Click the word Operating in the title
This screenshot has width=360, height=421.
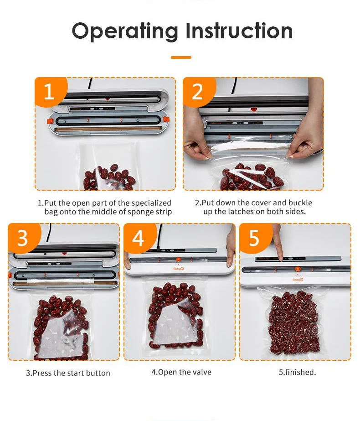125,31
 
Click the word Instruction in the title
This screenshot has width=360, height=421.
239,31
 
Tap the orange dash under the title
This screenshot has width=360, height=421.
181,57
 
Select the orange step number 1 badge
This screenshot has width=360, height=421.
50,91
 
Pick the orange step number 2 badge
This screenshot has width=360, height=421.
199,91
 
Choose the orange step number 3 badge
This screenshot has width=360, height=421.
24,238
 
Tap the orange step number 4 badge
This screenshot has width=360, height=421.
139,238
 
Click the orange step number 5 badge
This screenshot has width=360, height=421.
255,238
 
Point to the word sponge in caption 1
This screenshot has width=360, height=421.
140,212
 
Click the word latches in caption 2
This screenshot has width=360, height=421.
240,212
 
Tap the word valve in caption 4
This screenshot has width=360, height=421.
202,372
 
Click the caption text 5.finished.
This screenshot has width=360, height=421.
297,372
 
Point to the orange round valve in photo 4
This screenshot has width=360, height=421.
178,260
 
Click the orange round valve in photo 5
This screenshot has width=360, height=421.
298,269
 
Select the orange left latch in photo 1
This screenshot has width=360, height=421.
50,121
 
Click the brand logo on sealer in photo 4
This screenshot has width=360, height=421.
178,269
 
